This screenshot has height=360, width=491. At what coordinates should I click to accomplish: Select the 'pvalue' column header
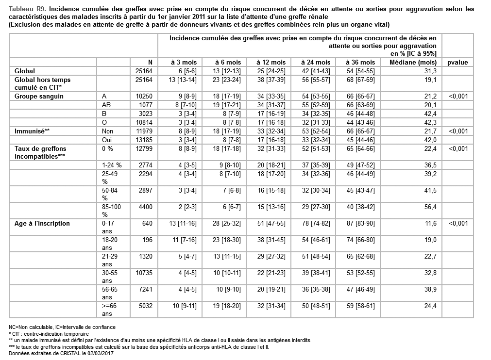[458, 62]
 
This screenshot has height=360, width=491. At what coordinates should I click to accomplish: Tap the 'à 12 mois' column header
[272, 62]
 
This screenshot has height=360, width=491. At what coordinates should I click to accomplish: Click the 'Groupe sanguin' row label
[39, 96]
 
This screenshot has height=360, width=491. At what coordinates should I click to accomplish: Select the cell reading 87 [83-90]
[360, 223]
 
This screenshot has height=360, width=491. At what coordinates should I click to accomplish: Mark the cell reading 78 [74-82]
[316, 223]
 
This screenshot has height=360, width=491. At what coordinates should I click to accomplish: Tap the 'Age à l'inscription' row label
[42, 223]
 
